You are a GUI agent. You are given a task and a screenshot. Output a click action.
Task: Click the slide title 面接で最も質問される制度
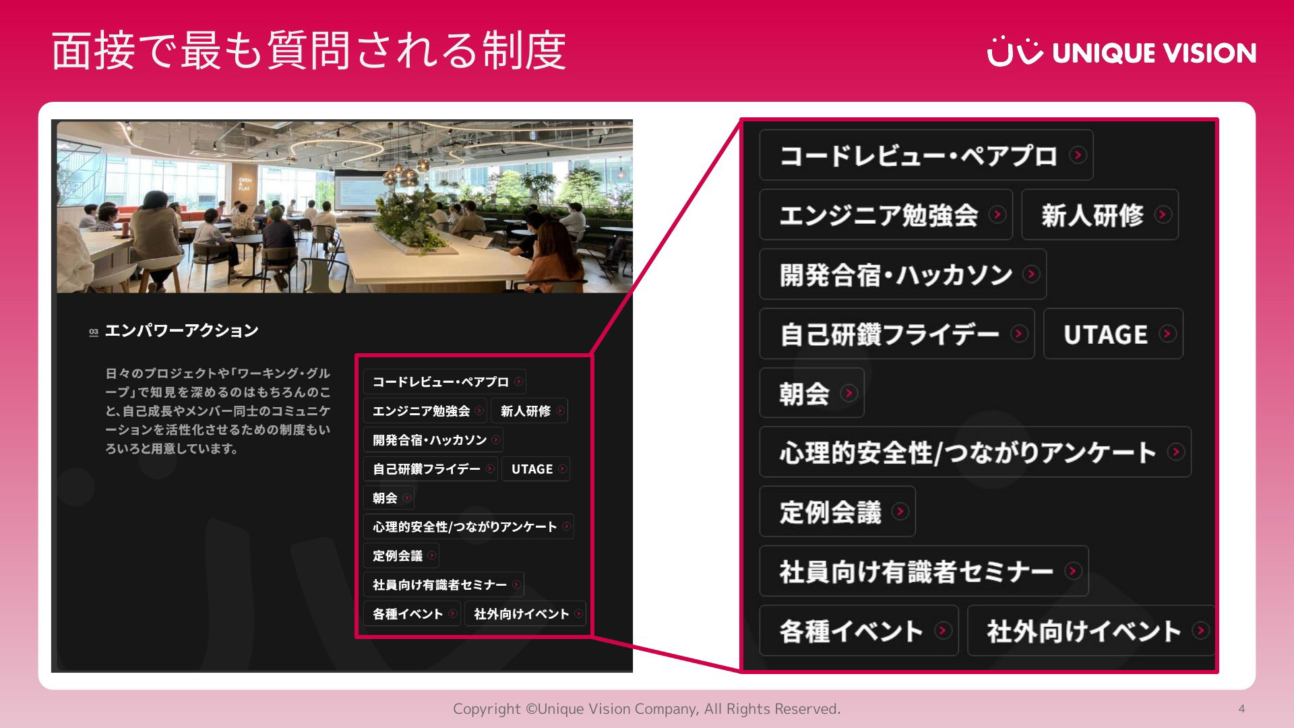pos(309,51)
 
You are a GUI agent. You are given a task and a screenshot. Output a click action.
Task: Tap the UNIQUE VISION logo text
pos(1154,53)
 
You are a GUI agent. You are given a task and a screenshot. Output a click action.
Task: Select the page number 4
pos(1241,708)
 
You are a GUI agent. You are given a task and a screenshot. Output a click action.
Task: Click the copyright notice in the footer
pos(646,708)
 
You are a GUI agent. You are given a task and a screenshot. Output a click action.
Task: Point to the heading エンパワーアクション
pos(182,330)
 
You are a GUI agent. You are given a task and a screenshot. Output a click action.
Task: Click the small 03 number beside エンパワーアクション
pos(94,332)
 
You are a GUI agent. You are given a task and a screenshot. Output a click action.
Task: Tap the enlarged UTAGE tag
pos(1113,334)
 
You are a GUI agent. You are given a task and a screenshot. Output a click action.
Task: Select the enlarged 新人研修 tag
pos(1100,215)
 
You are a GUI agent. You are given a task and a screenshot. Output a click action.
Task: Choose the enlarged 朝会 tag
pos(811,393)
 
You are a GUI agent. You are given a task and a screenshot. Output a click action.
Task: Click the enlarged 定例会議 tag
pos(837,512)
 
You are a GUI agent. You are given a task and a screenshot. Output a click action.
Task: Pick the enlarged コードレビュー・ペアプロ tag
pos(926,155)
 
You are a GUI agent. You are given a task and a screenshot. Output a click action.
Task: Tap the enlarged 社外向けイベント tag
pos(1091,631)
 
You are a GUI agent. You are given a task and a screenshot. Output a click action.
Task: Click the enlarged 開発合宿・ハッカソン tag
pos(902,274)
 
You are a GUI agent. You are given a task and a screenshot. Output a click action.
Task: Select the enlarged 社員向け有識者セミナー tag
pos(924,571)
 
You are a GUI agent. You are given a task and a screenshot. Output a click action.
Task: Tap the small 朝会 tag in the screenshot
pos(389,498)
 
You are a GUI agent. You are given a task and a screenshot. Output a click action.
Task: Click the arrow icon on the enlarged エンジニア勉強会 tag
pos(997,214)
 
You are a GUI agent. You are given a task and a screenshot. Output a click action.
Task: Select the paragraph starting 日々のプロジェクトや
pos(218,411)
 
